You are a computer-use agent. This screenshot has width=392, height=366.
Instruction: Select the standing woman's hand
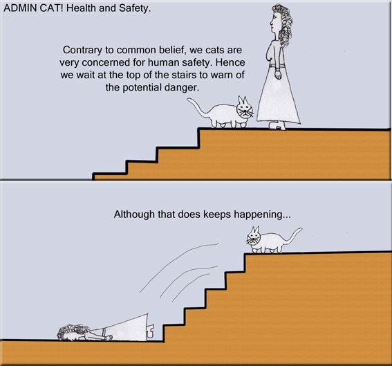(277, 75)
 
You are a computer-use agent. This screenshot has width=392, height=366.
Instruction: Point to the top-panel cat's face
(245, 111)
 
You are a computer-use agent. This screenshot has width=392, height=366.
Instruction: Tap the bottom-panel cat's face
(256, 239)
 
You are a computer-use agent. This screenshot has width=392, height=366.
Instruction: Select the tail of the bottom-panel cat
(293, 235)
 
